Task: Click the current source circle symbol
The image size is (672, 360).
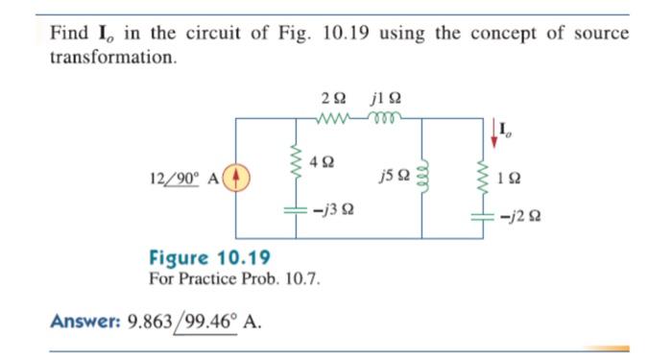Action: point(236,178)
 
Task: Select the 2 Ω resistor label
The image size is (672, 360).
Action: point(334,98)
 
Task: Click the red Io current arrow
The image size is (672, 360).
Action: point(496,132)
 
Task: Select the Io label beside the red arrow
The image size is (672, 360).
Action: point(509,125)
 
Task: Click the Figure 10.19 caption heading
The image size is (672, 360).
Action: point(209,257)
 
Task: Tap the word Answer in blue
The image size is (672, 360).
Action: point(82,322)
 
